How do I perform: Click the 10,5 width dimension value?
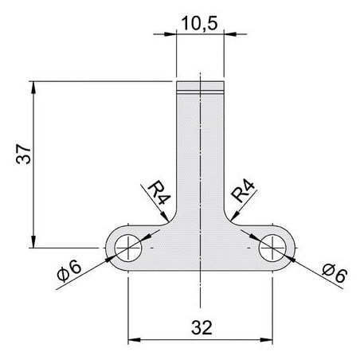pyautogui.click(x=200, y=23)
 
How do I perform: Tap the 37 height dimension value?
pyautogui.click(x=24, y=154)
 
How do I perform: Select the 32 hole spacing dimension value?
pyautogui.click(x=202, y=327)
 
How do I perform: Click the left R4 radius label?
pyautogui.click(x=158, y=192)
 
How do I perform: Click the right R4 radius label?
pyautogui.click(x=243, y=190)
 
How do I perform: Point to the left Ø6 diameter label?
pyautogui.click(x=69, y=270)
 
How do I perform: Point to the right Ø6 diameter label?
pyautogui.click(x=335, y=273)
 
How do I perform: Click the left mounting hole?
pyautogui.click(x=128, y=248)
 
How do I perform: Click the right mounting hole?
pyautogui.click(x=272, y=248)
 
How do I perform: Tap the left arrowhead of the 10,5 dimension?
pyautogui.click(x=170, y=34)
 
